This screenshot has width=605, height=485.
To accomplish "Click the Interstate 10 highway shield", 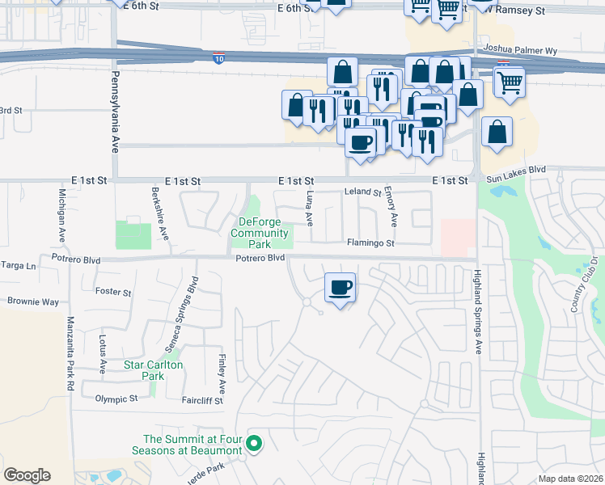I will coord(218,57).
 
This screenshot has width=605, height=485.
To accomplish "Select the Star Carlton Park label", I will coord(154,370).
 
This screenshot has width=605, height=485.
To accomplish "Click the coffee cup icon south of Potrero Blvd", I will coord(341,287).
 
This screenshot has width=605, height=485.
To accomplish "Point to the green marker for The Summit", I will coord(254,443).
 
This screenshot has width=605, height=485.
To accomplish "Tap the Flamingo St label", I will coord(370,242).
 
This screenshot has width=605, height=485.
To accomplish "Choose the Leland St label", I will coord(362,192).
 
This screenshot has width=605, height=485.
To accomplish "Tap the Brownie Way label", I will coord(33,302).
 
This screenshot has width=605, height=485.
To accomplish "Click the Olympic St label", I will coord(116,399).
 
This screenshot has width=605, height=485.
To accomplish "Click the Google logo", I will coord(27,474).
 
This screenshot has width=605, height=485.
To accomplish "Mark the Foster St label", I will coord(113,291).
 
